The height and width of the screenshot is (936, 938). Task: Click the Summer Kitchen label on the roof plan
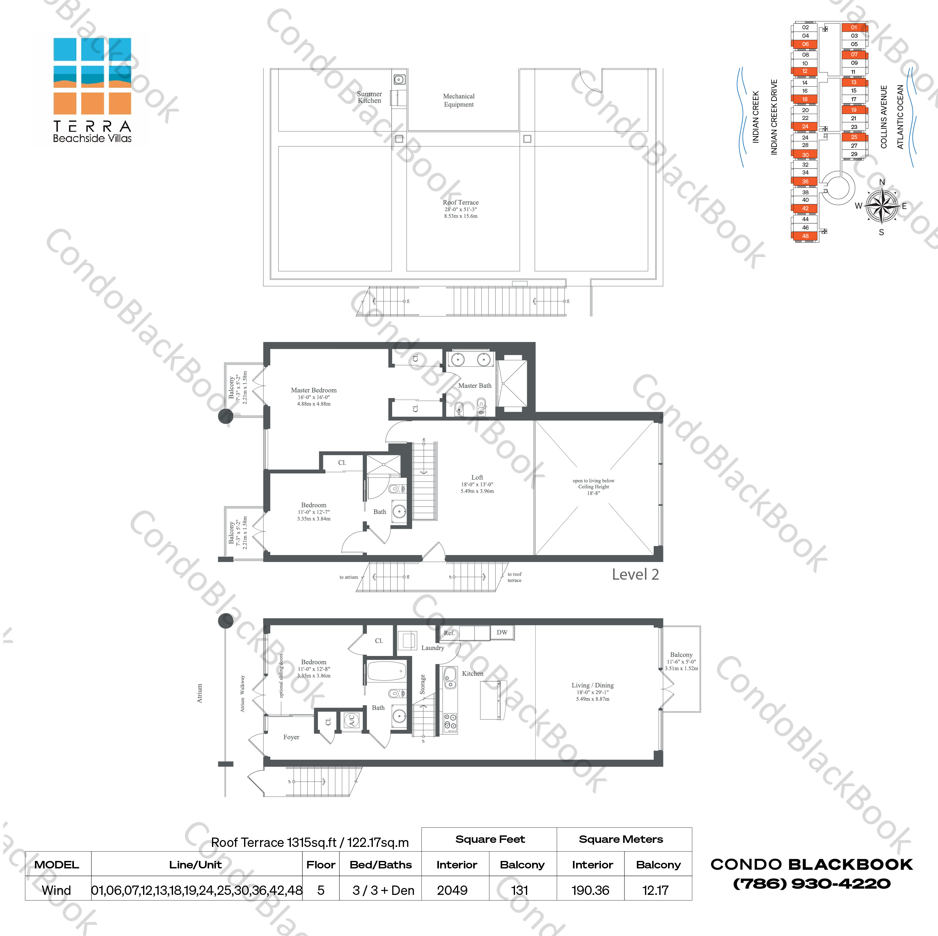coord(369,97)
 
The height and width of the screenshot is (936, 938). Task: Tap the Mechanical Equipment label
coord(458,100)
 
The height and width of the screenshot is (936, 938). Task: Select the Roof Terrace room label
coord(460,202)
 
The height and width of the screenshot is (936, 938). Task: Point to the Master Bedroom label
coord(314,390)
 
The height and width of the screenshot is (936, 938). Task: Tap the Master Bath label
coord(474,386)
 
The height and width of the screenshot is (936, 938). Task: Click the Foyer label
coord(291,737)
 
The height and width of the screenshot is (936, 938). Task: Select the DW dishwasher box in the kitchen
coord(502,632)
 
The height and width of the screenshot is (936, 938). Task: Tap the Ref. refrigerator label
coord(449,633)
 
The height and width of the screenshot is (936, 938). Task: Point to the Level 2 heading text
coord(635,574)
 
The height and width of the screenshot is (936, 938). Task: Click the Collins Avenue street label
coord(884,117)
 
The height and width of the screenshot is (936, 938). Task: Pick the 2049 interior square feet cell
coord(452,891)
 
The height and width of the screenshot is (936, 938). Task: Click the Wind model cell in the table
coord(56,891)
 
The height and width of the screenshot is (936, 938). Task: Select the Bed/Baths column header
coord(381,865)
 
